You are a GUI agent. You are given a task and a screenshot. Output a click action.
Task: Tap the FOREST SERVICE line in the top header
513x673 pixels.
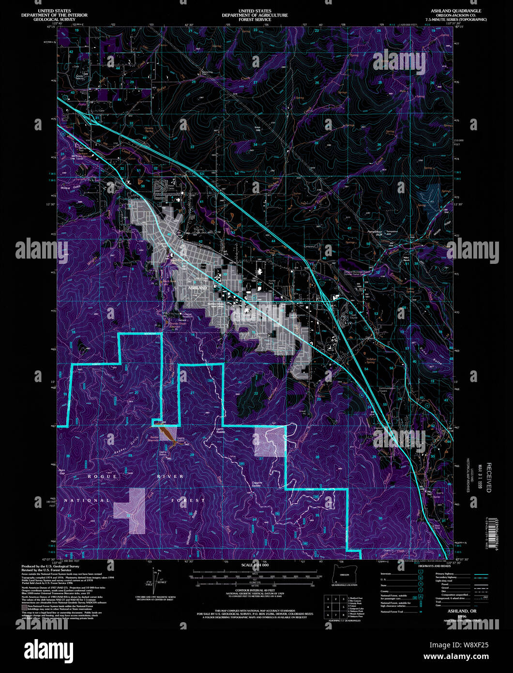tap(255, 19)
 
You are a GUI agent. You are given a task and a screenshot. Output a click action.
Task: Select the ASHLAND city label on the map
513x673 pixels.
tap(196, 288)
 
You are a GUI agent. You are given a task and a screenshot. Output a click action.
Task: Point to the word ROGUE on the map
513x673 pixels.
tap(103, 476)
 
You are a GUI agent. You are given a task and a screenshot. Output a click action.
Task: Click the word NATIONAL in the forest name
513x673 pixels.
tap(87, 500)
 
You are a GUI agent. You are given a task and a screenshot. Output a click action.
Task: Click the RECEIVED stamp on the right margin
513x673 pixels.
tap(489, 477)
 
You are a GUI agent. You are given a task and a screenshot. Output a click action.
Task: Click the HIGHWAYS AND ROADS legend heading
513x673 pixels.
tap(433, 566)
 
